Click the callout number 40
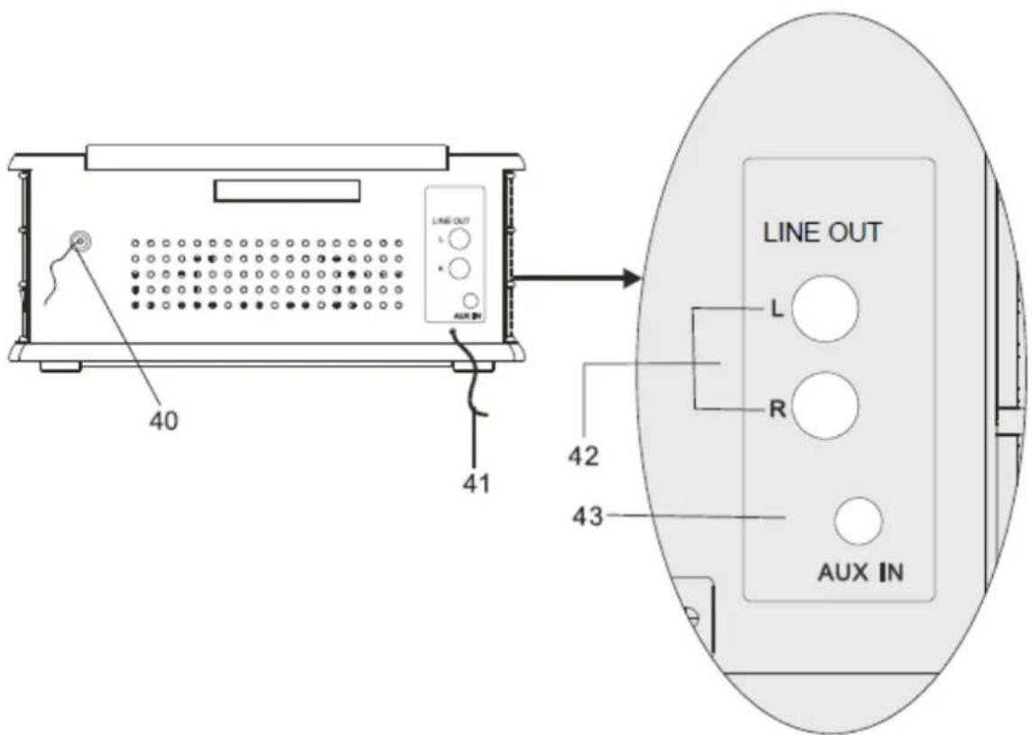click(x=163, y=420)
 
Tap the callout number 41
click(x=476, y=484)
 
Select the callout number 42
click(x=584, y=455)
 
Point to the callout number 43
click(x=587, y=516)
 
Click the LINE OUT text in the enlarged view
click(x=822, y=233)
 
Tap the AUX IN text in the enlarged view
click(x=860, y=572)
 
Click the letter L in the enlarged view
click(x=777, y=310)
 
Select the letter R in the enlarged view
click(x=777, y=409)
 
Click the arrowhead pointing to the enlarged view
click(x=630, y=278)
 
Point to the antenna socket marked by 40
click(x=80, y=241)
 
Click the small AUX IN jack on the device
click(x=470, y=302)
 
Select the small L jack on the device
click(x=460, y=239)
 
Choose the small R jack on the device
click(x=460, y=268)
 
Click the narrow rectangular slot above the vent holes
click(x=287, y=191)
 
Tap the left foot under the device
click(x=60, y=366)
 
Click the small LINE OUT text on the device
click(x=451, y=221)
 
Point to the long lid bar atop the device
click(x=267, y=157)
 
